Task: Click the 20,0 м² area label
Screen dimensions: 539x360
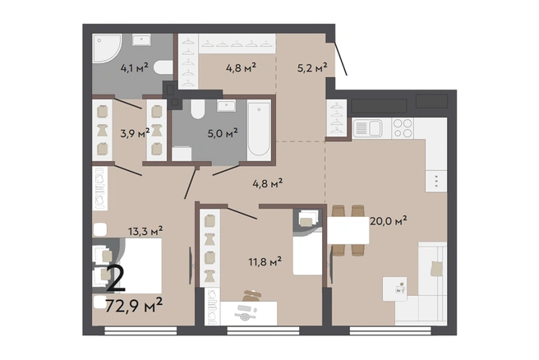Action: click(389, 221)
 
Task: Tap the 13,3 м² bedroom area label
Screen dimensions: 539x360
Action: click(145, 231)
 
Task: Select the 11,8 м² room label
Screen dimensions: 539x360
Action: click(265, 261)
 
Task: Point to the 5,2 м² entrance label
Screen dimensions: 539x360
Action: click(311, 67)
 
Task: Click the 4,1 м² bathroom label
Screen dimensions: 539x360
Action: click(135, 67)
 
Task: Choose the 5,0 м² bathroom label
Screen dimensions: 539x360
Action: click(223, 132)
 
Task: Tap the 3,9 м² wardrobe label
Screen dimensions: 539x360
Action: click(135, 132)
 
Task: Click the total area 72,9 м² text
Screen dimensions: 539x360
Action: click(134, 305)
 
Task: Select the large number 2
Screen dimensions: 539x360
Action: click(116, 279)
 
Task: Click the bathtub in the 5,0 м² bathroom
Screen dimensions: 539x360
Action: click(259, 129)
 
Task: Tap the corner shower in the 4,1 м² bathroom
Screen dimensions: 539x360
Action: click(106, 48)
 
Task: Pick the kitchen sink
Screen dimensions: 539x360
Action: click(367, 128)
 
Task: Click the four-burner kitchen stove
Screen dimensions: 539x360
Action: click(403, 128)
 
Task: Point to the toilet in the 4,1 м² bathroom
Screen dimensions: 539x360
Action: click(163, 67)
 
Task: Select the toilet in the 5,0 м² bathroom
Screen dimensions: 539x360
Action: click(198, 109)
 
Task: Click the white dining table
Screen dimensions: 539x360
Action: click(348, 230)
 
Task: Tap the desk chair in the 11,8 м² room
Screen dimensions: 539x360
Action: click(252, 295)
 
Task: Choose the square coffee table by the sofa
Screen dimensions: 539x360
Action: click(394, 289)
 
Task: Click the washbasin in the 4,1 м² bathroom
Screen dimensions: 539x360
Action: click(141, 40)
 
